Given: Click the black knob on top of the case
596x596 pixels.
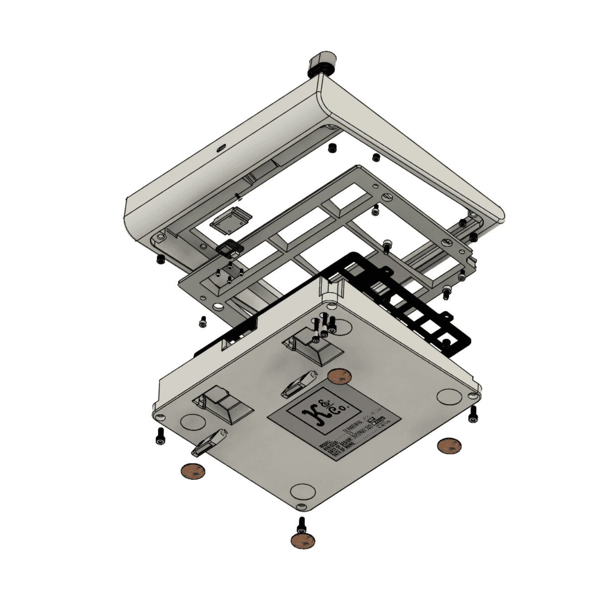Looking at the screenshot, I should point(322,64).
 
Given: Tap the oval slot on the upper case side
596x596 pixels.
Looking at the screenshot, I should point(221,149).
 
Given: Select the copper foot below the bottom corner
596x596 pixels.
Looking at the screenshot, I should point(303,541).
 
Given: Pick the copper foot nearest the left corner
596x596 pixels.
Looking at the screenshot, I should point(193,471).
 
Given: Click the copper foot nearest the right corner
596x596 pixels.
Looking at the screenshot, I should point(449,446).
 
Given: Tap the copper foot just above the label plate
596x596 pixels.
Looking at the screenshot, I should point(340,376).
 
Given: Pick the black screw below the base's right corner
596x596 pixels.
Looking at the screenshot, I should point(473,414).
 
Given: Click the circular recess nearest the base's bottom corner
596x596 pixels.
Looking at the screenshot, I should point(303,492).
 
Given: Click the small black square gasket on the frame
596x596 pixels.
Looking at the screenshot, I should point(229,248).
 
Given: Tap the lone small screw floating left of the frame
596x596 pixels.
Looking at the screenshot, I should point(203,321).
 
